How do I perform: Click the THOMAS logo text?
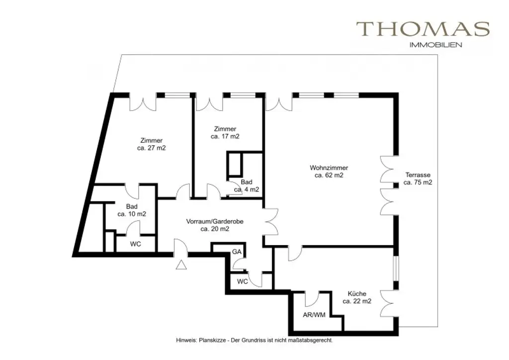pos(423,29)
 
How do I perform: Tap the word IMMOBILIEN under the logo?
pos(435,45)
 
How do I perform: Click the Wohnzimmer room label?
pos(329,168)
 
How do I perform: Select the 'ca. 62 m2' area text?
pos(329,176)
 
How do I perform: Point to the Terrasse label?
pos(418,175)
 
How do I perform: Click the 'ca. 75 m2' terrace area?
pos(418,182)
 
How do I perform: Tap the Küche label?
pos(357,293)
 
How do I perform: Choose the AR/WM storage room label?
pos(314,315)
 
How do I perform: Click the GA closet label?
pos(237,252)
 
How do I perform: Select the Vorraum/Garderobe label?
pos(215,221)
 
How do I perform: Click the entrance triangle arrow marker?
pos(181,265)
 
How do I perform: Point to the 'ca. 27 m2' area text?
pos(151,148)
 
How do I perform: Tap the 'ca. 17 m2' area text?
pos(225,136)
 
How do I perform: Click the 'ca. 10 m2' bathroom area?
pos(131,214)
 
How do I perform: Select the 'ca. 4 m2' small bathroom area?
pos(247,189)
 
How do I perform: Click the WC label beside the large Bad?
pos(135,244)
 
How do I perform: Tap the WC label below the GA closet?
pos(242,281)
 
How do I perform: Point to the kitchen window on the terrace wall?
pos(395,268)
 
